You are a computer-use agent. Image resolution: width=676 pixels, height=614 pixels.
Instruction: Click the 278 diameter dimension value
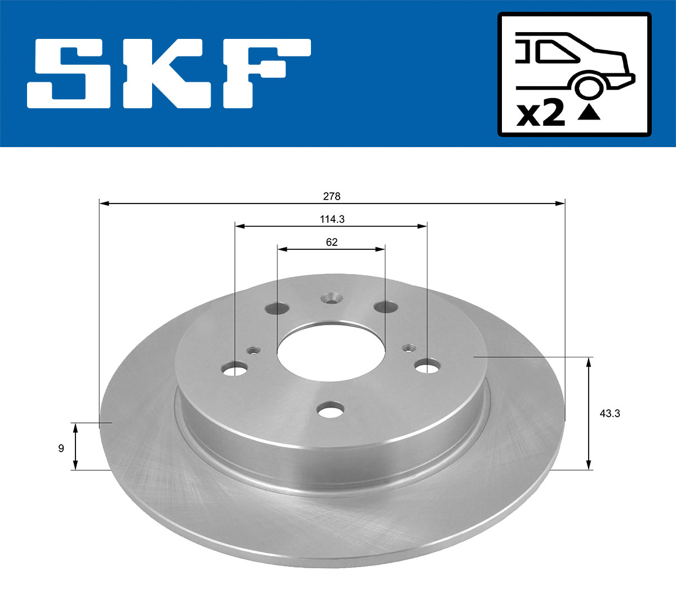point(332,196)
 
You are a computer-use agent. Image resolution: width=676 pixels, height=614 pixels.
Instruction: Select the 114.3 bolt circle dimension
point(332,219)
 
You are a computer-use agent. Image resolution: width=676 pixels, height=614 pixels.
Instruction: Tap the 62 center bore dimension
point(332,242)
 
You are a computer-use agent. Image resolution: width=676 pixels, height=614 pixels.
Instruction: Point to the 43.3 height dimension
point(610,413)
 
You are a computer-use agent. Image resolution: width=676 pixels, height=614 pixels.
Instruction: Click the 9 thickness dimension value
point(61,448)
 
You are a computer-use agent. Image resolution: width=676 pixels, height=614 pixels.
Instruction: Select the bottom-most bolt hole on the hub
point(331,410)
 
